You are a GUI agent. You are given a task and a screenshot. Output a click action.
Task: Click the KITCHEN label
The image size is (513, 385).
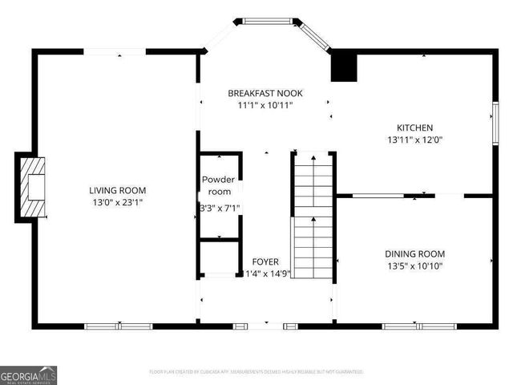point(415,128)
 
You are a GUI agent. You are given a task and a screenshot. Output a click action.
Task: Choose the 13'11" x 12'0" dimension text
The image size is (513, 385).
point(415,140)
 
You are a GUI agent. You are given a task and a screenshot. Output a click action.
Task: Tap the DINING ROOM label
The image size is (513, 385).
point(415,253)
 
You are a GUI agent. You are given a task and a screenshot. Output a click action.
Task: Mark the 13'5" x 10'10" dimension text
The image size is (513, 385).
point(415,265)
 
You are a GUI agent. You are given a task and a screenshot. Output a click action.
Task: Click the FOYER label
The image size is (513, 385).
point(265,261)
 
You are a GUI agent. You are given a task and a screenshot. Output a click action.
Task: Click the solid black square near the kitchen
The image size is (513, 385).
point(344,67)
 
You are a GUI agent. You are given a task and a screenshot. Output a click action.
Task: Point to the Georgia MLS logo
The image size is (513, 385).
point(29,375)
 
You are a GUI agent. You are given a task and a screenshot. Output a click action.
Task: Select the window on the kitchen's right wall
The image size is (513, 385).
point(495,124)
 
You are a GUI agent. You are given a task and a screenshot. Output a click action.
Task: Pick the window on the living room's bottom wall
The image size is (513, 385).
point(119,326)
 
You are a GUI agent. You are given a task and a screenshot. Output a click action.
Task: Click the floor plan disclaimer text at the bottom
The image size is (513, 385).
point(256,372)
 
